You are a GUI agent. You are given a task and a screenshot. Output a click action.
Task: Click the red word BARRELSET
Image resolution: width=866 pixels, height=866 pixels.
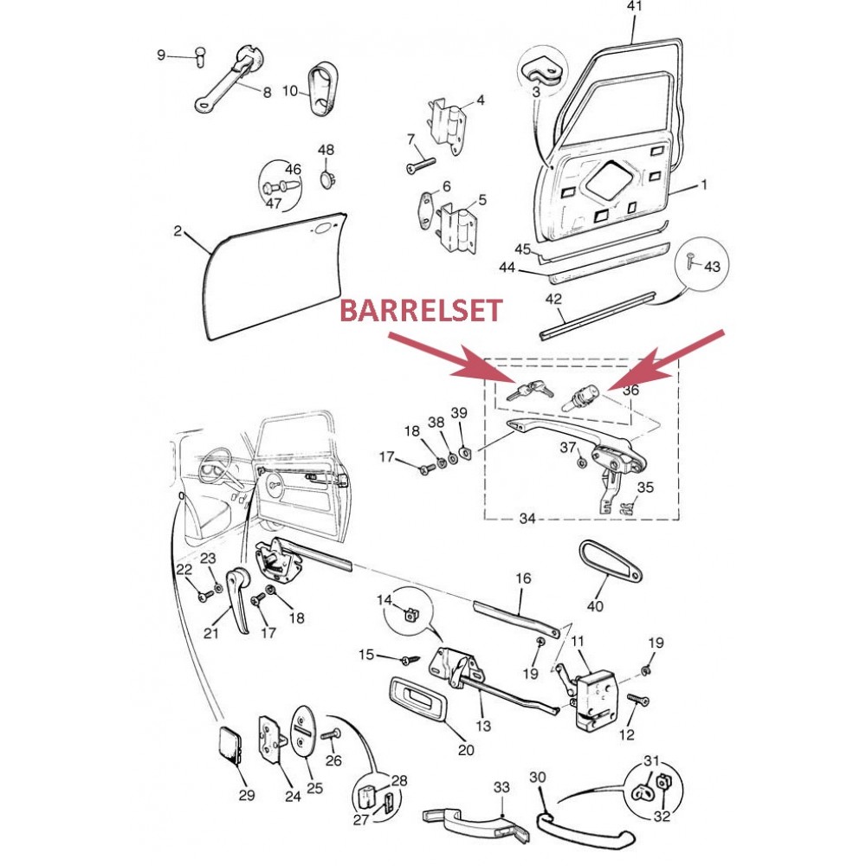[421, 310]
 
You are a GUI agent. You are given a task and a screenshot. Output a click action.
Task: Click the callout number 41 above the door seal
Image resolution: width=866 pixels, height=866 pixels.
[635, 6]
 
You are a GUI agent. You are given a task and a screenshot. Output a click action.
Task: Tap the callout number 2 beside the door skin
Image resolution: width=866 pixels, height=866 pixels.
[178, 231]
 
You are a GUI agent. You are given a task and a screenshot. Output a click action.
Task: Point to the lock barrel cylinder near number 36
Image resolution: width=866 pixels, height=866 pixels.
[582, 397]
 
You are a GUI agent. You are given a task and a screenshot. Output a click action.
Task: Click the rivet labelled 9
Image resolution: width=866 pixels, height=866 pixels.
[201, 56]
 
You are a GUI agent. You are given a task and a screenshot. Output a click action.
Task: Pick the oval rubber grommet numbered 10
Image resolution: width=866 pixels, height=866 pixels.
[322, 89]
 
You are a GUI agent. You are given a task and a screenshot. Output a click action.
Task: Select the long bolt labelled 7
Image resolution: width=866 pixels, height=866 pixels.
[421, 165]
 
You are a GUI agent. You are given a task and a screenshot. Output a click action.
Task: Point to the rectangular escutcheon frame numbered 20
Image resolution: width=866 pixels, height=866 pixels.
[417, 698]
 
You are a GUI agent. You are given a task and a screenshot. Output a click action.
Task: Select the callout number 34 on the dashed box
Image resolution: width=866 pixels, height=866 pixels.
[527, 519]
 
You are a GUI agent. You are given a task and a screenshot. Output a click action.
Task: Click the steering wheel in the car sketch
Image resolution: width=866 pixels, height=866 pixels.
[216, 462]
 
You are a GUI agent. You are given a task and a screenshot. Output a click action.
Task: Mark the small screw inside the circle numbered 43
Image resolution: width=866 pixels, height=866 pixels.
[689, 260]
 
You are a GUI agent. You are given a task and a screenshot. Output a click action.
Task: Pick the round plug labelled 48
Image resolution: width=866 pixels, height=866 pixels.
[328, 178]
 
